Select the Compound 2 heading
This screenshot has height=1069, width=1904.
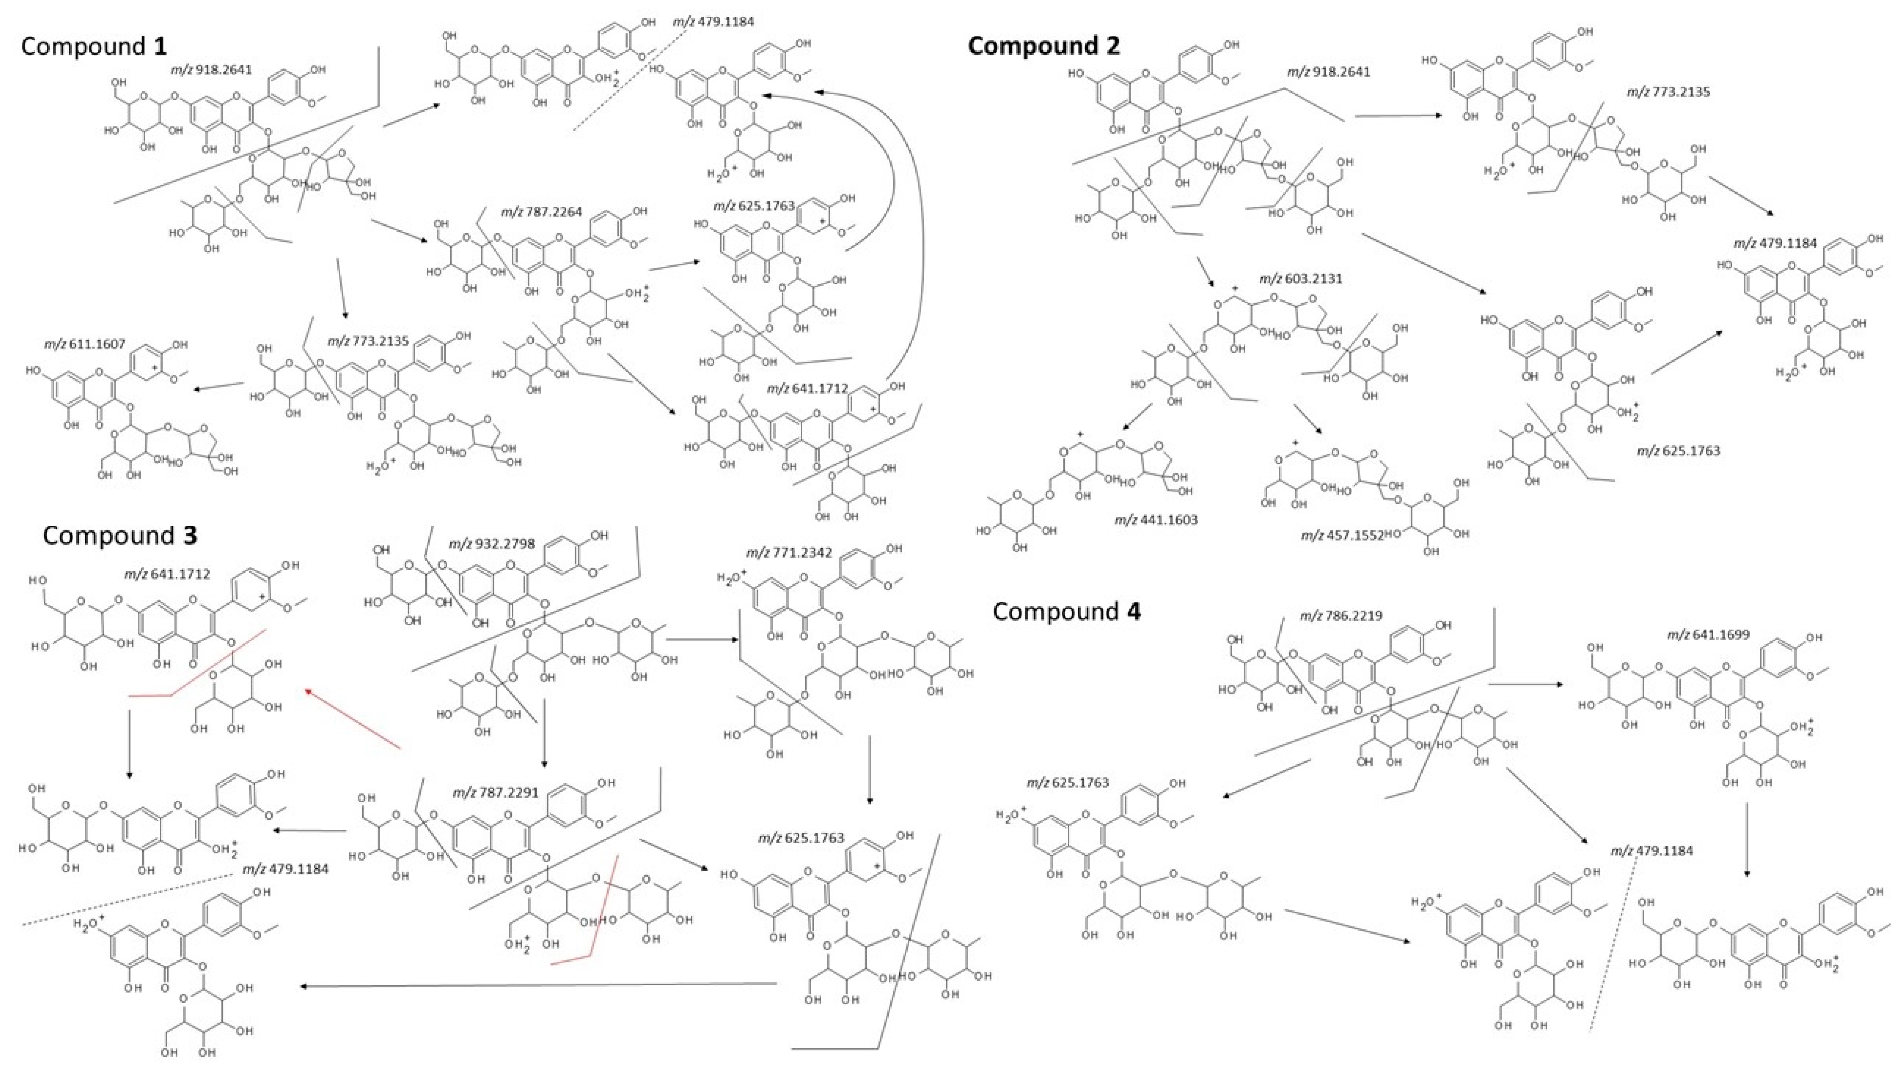click(x=1044, y=46)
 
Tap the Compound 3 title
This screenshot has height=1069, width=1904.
click(x=120, y=535)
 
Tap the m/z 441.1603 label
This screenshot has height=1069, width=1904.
click(x=1156, y=520)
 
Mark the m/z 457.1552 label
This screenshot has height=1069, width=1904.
click(x=1342, y=535)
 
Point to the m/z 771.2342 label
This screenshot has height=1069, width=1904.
click(x=789, y=553)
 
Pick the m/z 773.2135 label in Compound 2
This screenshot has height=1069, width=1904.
click(x=1668, y=92)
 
